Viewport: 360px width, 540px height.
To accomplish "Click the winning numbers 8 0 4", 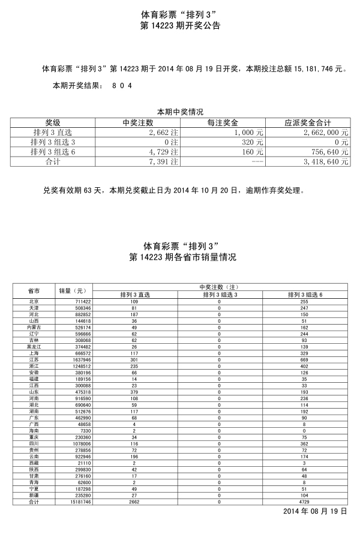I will tap(121, 86).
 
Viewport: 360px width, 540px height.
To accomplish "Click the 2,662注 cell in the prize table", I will tap(162, 132).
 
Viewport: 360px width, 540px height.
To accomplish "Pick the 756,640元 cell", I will tap(328, 152).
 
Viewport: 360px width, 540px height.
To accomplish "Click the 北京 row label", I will tap(34, 301).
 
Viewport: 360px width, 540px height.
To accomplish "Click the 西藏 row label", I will tap(34, 463).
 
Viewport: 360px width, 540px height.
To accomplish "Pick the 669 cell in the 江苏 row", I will tap(304, 359).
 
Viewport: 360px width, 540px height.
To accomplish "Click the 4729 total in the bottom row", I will tap(304, 502).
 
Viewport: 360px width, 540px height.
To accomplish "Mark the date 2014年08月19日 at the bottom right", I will tap(314, 511).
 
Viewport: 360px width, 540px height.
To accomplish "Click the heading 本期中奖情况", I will tap(180, 112).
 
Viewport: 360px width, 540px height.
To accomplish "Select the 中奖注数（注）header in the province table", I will tap(219, 287).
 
